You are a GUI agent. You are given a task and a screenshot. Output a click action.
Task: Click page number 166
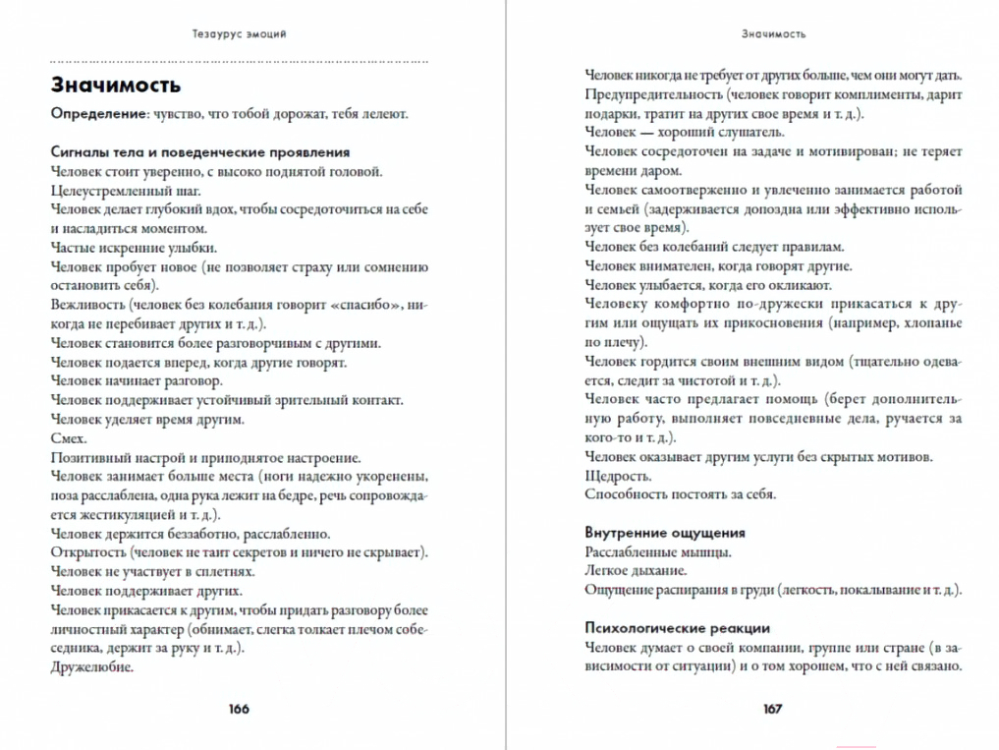[x=239, y=709]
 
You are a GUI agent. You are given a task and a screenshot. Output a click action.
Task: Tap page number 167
[x=772, y=709]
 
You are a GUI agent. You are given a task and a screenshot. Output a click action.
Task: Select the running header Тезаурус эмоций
[x=240, y=33]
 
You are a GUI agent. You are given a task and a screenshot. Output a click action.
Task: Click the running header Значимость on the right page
[x=773, y=33]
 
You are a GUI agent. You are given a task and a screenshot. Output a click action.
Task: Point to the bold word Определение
[x=98, y=114]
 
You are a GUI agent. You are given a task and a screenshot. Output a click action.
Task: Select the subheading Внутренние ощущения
[x=665, y=533]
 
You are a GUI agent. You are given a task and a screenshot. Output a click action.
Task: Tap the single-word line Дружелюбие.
[x=91, y=666]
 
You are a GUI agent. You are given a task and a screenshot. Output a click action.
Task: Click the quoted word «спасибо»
[x=360, y=305]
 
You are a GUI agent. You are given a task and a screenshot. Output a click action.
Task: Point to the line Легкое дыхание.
[x=636, y=570]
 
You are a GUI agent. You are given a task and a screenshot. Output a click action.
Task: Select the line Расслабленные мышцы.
[x=657, y=551]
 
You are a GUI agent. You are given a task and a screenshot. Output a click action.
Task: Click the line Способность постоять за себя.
[x=680, y=494]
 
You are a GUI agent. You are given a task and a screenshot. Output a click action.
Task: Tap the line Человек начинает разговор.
[x=137, y=380]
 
